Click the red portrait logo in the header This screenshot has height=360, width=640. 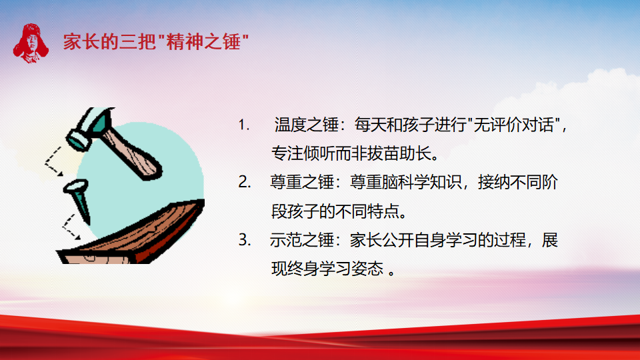tap(31, 43)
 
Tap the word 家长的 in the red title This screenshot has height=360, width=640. tap(91, 42)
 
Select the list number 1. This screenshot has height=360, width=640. tap(244, 125)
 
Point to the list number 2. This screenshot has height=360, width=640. tap(245, 182)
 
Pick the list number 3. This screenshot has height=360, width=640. tap(245, 240)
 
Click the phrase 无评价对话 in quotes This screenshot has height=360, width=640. tap(514, 125)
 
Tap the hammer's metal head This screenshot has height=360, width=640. tap(89, 127)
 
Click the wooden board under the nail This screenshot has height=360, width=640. tap(131, 235)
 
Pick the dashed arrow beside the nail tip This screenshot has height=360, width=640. tap(70, 227)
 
